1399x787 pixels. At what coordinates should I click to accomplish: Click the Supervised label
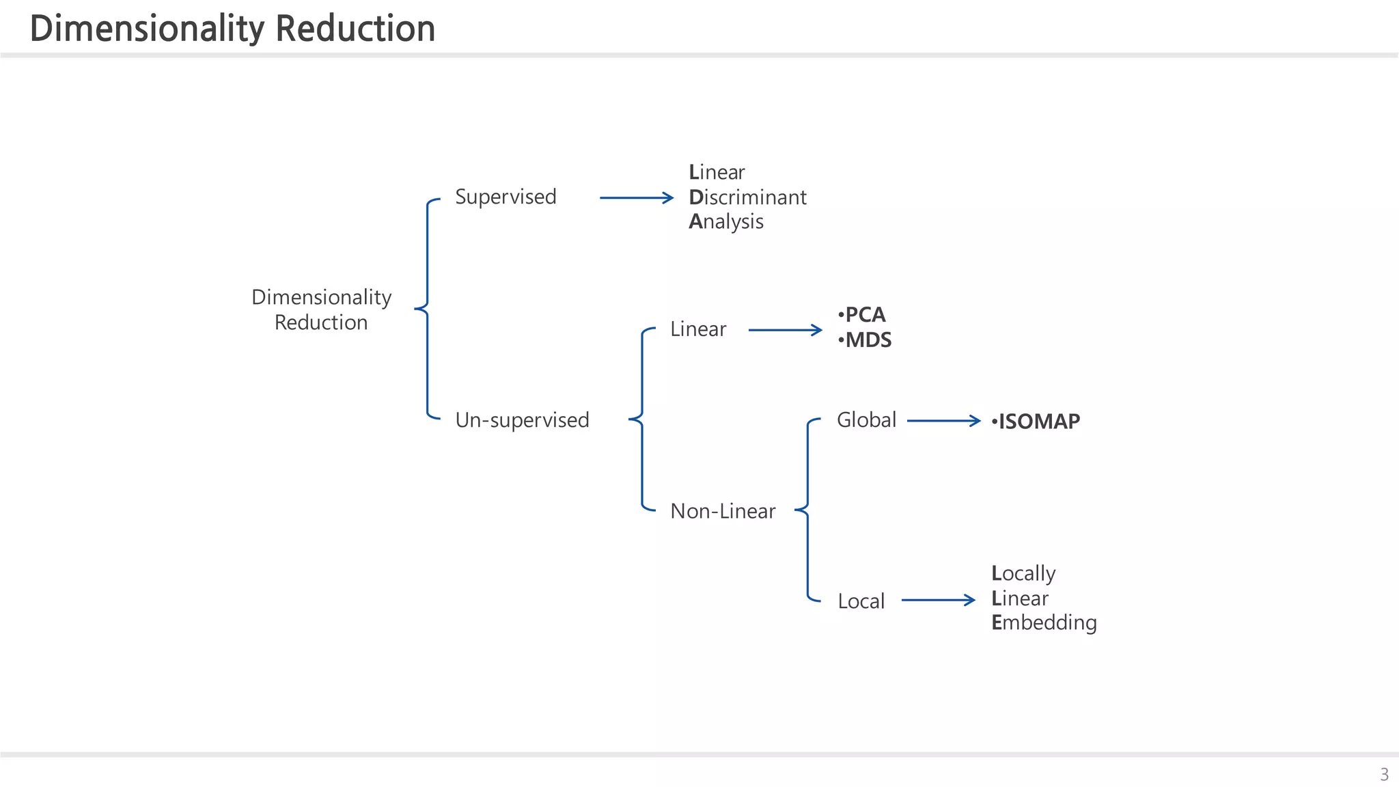pos(505,197)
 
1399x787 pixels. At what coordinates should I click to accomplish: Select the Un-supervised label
pos(522,419)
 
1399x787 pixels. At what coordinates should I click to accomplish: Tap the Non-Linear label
pos(723,511)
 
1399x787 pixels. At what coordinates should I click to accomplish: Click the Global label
pos(866,419)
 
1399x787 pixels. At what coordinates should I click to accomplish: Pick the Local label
pos(861,601)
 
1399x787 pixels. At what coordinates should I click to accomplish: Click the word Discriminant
pos(747,197)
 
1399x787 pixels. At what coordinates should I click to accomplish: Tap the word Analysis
pos(725,222)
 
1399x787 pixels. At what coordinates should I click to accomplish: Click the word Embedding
pos(1044,623)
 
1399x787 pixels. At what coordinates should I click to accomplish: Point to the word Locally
pos(1023,573)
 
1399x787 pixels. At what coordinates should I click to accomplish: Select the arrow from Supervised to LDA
pos(636,198)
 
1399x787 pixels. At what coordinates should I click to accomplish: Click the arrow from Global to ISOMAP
pos(943,421)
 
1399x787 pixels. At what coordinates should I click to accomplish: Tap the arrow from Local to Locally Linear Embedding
pos(938,600)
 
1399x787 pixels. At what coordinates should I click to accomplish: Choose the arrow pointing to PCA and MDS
pos(785,331)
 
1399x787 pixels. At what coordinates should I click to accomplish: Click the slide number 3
pos(1384,775)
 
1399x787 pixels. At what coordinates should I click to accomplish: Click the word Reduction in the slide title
pos(355,29)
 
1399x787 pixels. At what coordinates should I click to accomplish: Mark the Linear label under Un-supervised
pos(697,329)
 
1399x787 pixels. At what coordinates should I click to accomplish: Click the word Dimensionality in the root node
pos(321,297)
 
